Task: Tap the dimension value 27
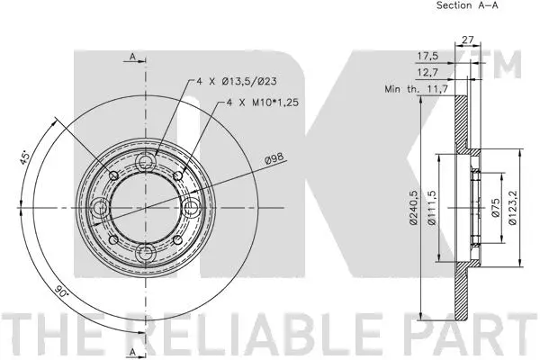pyautogui.click(x=467, y=39)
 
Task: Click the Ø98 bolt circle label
pyautogui.click(x=274, y=160)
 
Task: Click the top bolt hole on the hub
pyautogui.click(x=144, y=161)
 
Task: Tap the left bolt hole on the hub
pyautogui.click(x=101, y=209)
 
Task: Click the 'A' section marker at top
pyautogui.click(x=131, y=58)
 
